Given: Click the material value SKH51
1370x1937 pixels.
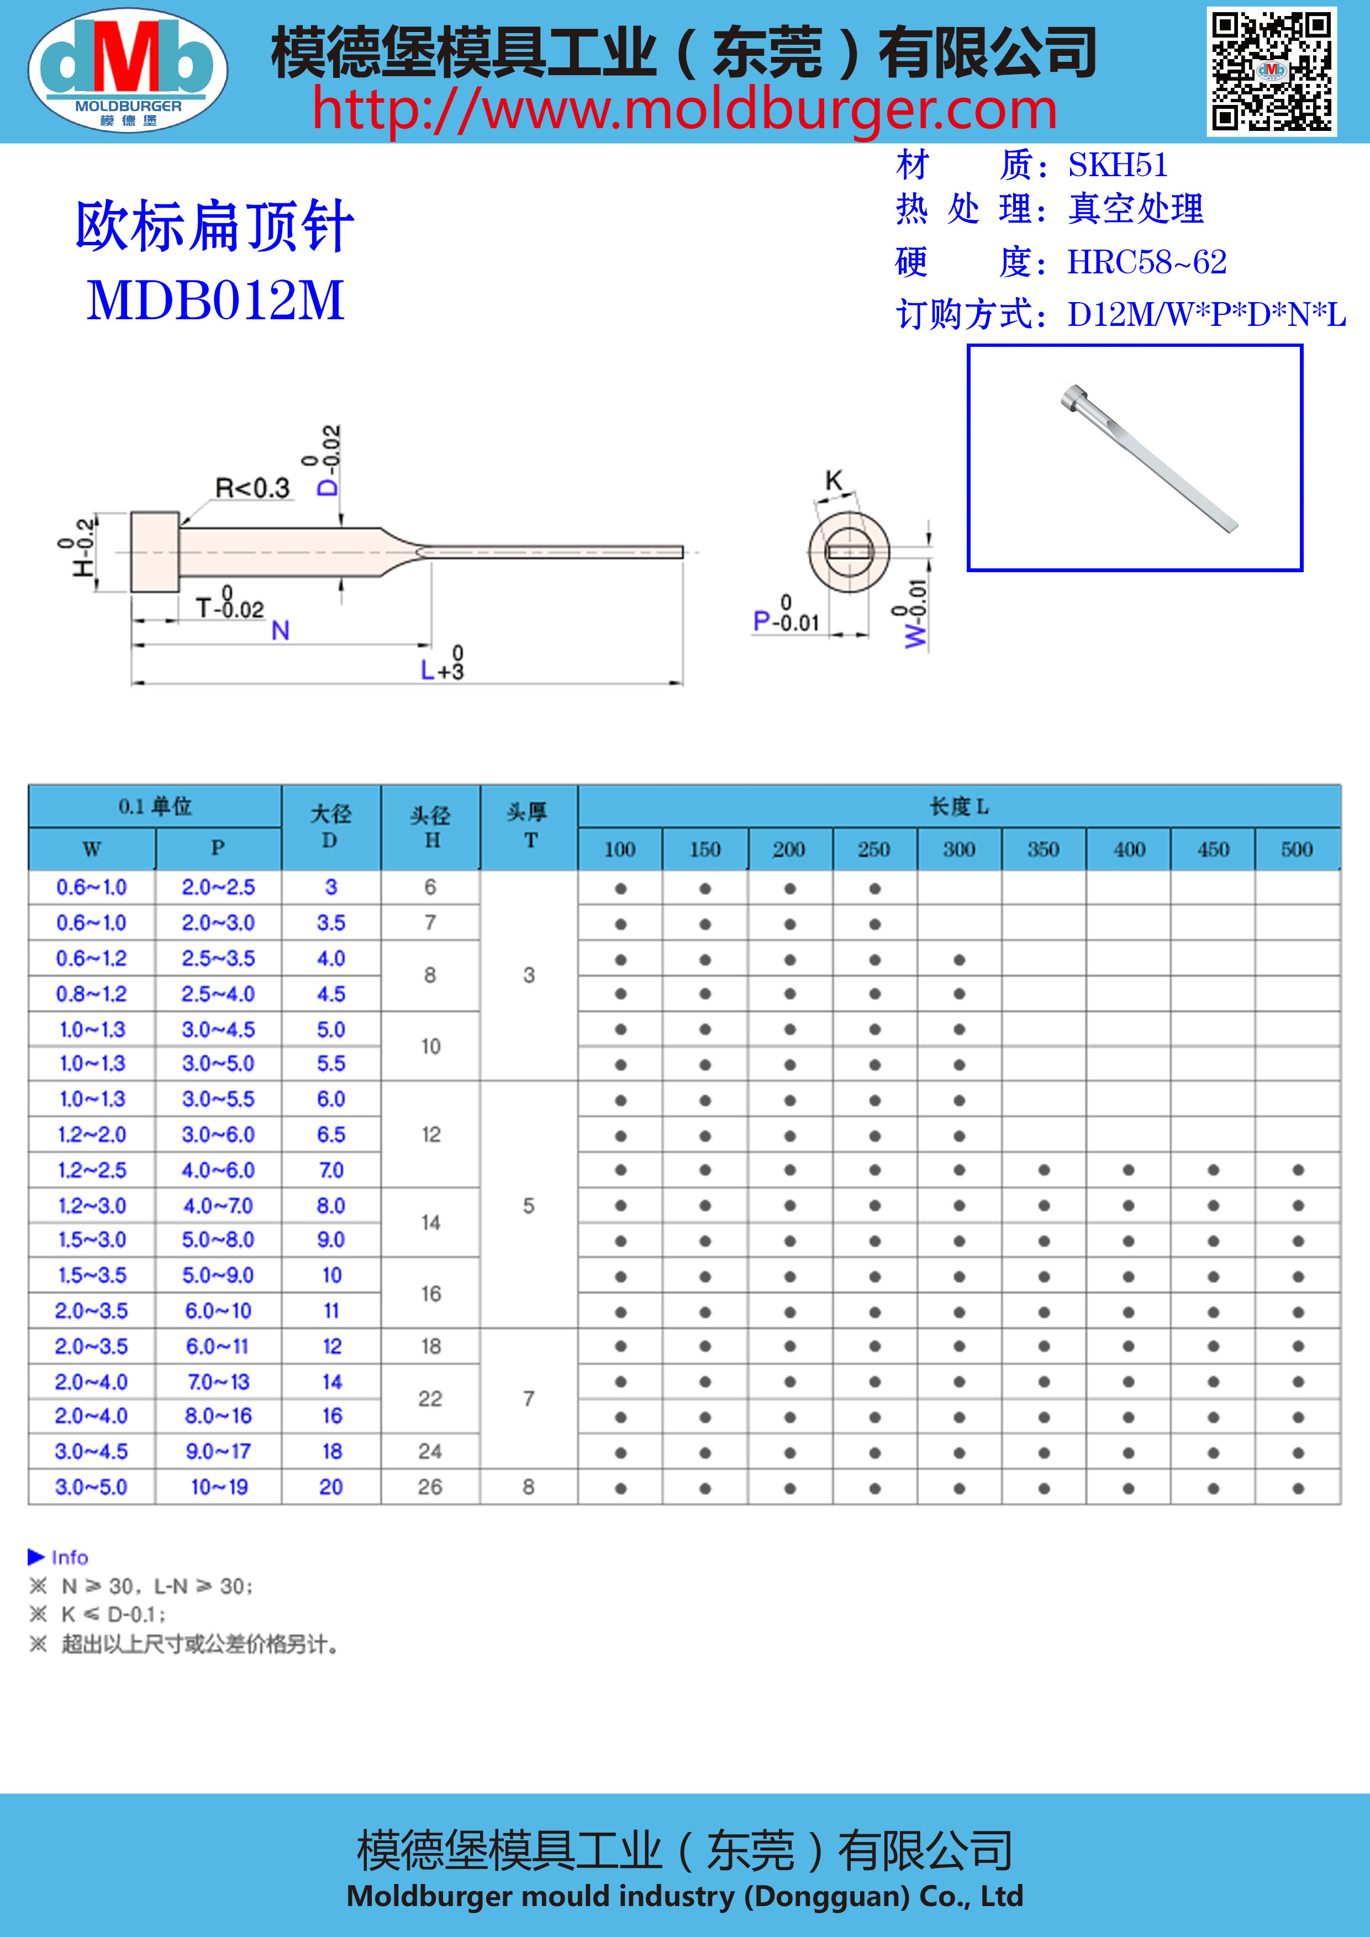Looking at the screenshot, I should coord(1118,165).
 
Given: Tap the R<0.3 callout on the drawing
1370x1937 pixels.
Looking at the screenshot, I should coord(252,488).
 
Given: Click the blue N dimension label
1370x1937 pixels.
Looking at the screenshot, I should coord(281,630).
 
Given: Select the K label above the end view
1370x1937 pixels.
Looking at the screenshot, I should coord(834,481).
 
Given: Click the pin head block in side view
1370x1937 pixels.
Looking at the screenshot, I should coord(154,552).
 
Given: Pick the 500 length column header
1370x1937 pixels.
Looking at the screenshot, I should coord(1297,849).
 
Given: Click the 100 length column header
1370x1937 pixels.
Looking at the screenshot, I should coord(620,849).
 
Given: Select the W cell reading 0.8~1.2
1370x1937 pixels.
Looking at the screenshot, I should coord(91,994).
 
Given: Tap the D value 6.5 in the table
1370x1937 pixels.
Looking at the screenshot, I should coord(331,1134).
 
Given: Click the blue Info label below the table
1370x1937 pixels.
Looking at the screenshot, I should coord(69,1558).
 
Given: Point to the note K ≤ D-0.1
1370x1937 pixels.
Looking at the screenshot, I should coord(113,1615).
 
